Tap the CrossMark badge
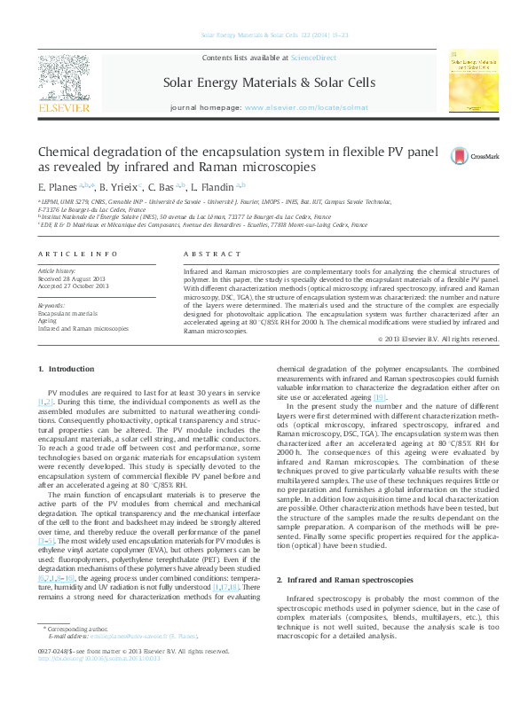(475, 156)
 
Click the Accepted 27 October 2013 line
(73, 286)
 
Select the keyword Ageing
(47, 320)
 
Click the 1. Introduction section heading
(65, 368)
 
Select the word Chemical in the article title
(67, 151)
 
